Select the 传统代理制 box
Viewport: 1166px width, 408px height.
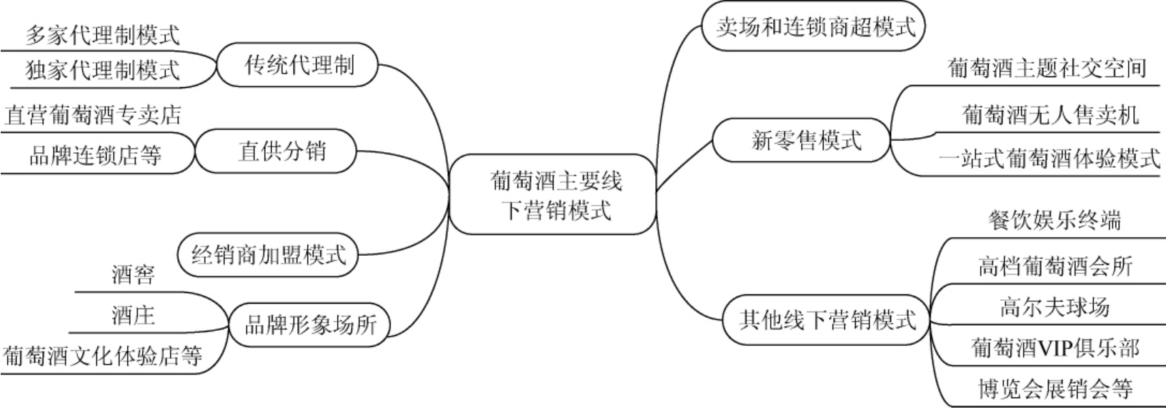(x=299, y=66)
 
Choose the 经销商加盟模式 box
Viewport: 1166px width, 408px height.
(x=269, y=254)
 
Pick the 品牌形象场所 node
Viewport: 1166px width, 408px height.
(x=309, y=326)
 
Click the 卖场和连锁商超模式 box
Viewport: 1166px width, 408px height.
(x=815, y=27)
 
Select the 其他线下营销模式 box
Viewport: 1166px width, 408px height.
(x=827, y=319)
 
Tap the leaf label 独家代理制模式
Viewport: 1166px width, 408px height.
(x=103, y=70)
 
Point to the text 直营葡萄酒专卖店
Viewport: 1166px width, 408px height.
(x=93, y=115)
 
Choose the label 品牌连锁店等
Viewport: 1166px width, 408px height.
(x=96, y=155)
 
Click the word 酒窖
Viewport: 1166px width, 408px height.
(x=134, y=274)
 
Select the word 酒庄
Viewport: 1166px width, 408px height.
(x=134, y=315)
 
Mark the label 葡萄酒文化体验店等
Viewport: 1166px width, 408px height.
(x=103, y=355)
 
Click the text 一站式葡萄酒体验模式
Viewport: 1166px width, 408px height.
(x=1049, y=159)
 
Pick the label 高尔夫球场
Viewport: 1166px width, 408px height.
(x=1054, y=307)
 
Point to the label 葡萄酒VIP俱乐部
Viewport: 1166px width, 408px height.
(x=1055, y=348)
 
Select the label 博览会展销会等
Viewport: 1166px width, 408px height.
(x=1055, y=389)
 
